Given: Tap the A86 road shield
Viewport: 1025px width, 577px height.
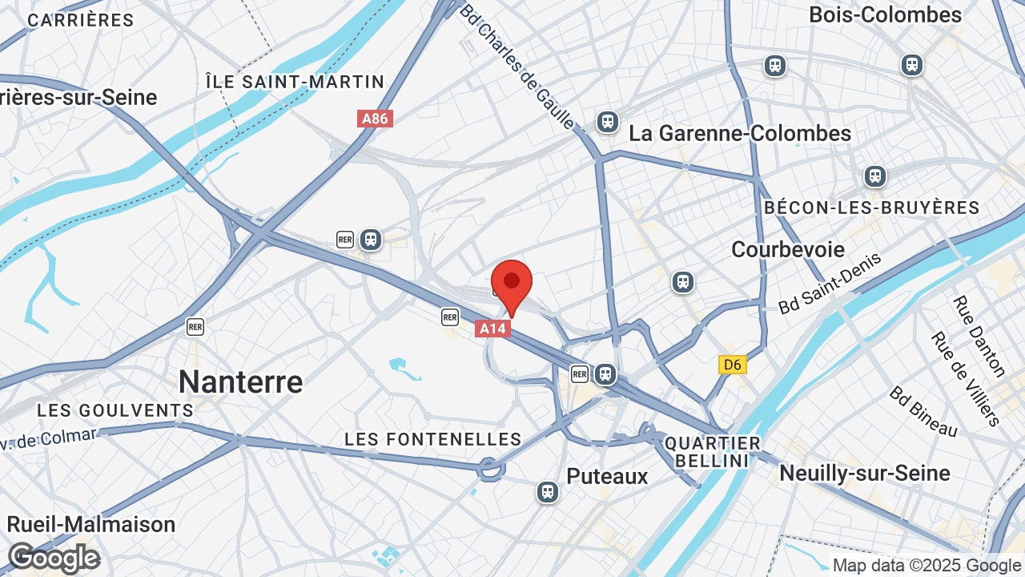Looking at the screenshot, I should pyautogui.click(x=375, y=119).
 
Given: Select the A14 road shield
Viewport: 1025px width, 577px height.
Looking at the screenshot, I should pyautogui.click(x=492, y=328).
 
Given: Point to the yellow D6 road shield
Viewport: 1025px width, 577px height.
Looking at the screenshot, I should pyautogui.click(x=732, y=365).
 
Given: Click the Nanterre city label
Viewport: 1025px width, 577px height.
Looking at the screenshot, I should pyautogui.click(x=240, y=381).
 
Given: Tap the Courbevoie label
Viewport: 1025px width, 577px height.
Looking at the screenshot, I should pyautogui.click(x=788, y=249).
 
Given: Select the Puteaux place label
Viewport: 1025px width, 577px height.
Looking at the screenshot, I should pyautogui.click(x=607, y=476).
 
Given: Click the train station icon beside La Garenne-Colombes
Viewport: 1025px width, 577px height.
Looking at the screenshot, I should pyautogui.click(x=608, y=122).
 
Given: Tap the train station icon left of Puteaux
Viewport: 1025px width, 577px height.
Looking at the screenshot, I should pyautogui.click(x=548, y=491).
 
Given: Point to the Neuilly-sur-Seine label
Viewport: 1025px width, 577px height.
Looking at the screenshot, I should pyautogui.click(x=865, y=473).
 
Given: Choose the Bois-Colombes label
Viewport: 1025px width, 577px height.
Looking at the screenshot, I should pyautogui.click(x=885, y=15).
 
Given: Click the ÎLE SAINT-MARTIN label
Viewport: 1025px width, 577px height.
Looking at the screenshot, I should pyautogui.click(x=295, y=82).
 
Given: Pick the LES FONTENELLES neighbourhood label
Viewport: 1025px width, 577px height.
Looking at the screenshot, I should pyautogui.click(x=432, y=439).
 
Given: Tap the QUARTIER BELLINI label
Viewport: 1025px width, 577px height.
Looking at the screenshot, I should pyautogui.click(x=713, y=452).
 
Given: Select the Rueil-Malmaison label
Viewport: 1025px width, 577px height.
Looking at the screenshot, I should pyautogui.click(x=90, y=524).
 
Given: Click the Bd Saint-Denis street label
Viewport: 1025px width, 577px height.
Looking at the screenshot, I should pyautogui.click(x=830, y=283).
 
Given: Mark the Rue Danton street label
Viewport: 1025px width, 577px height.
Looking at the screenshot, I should pyautogui.click(x=979, y=336).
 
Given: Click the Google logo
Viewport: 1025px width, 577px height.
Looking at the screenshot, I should pyautogui.click(x=54, y=558).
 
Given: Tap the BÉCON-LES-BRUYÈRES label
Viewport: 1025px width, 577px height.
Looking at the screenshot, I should pyautogui.click(x=871, y=208).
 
